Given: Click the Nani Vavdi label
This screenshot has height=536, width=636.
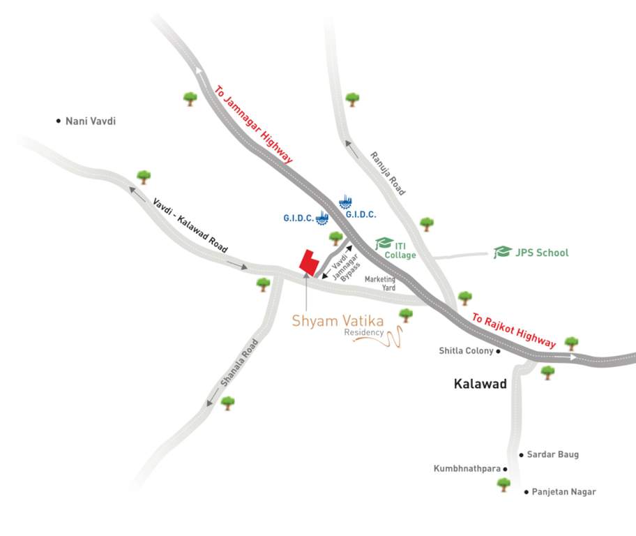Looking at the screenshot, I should click(90, 121).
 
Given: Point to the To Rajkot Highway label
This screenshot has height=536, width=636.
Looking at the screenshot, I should click(514, 330).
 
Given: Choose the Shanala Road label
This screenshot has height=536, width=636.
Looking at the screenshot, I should click(239, 363).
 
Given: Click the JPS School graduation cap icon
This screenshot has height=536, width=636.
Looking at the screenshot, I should click(502, 252).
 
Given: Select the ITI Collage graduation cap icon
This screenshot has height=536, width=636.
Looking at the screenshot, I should click(384, 244).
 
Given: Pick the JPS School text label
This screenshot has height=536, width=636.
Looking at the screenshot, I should click(542, 253).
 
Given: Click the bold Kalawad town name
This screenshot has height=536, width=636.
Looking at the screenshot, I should click(480, 384).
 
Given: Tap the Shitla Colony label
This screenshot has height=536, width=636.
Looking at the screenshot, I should click(466, 351).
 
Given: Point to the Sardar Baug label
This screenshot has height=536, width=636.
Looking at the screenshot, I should click(552, 454).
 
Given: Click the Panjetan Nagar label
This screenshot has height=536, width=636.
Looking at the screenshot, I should click(563, 492).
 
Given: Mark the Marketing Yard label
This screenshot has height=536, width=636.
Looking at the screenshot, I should click(380, 283).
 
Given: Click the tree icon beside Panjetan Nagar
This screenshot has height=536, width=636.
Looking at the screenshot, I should click(503, 484).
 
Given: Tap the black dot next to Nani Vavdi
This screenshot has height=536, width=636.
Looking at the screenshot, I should click(59, 121).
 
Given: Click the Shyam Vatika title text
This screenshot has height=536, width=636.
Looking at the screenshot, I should click(338, 321).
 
